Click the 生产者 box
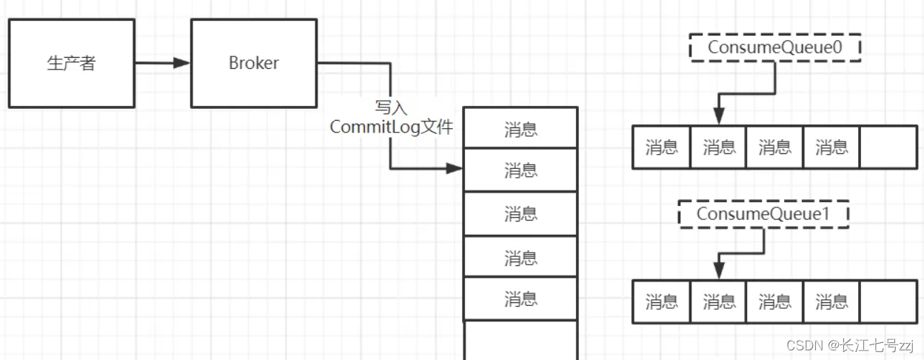71,63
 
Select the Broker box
253,63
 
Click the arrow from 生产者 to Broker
163,63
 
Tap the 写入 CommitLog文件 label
391,118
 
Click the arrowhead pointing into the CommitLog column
454,169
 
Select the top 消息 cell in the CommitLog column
520,128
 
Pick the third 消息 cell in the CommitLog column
520,214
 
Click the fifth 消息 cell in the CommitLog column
520,299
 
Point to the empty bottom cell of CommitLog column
520,341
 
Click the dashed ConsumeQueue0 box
774,47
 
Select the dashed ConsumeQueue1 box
763,214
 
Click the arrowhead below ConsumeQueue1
718,272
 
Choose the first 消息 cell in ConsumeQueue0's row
661,147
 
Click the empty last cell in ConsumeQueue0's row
888,147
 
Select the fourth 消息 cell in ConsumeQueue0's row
831,147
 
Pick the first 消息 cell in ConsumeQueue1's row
661,301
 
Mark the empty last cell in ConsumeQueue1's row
888,301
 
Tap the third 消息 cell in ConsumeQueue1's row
774,301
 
